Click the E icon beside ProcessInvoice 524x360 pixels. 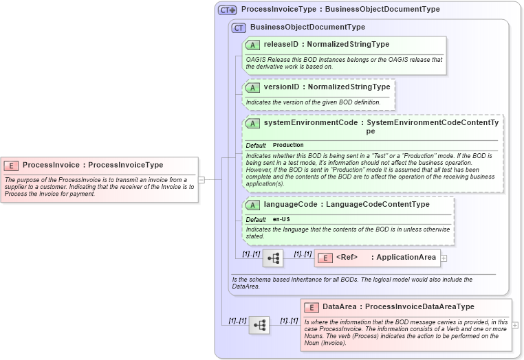pyautogui.click(x=12, y=165)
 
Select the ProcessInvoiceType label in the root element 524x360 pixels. pyautogui.click(x=125, y=165)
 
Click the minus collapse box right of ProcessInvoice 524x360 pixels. pyautogui.click(x=201, y=180)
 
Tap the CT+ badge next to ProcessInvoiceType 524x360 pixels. pyautogui.click(x=227, y=10)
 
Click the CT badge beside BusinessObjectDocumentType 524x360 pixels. pyautogui.click(x=239, y=27)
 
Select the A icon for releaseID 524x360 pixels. pyautogui.click(x=252, y=45)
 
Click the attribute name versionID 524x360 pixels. pyautogui.click(x=281, y=87)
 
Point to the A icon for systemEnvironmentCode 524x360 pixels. pyautogui.click(x=252, y=124)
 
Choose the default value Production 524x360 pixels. pyautogui.click(x=288, y=146)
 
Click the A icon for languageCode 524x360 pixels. pyautogui.click(x=252, y=205)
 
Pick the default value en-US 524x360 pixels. pyautogui.click(x=281, y=219)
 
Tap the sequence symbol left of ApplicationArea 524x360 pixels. pyautogui.click(x=272, y=258)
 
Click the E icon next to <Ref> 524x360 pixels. pyautogui.click(x=327, y=258)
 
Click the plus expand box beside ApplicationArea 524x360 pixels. pyautogui.click(x=444, y=258)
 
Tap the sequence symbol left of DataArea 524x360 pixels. pyautogui.click(x=259, y=325)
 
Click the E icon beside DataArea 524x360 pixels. pyautogui.click(x=312, y=307)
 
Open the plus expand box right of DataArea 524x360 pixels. pyautogui.click(x=515, y=325)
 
